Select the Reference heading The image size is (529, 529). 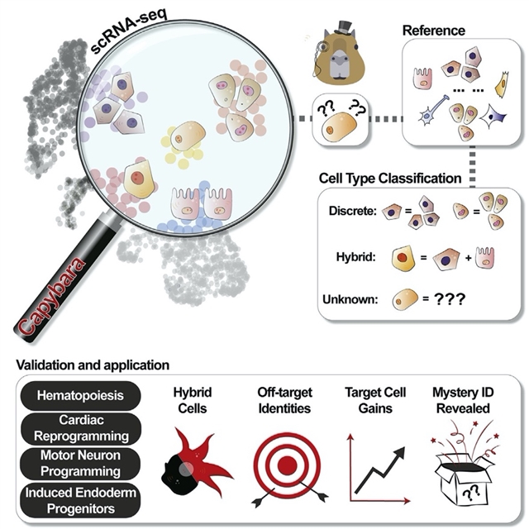tap(433, 31)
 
